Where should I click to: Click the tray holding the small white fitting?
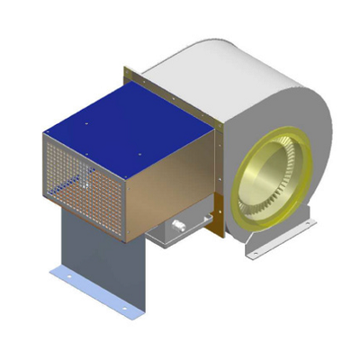click(180, 236)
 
